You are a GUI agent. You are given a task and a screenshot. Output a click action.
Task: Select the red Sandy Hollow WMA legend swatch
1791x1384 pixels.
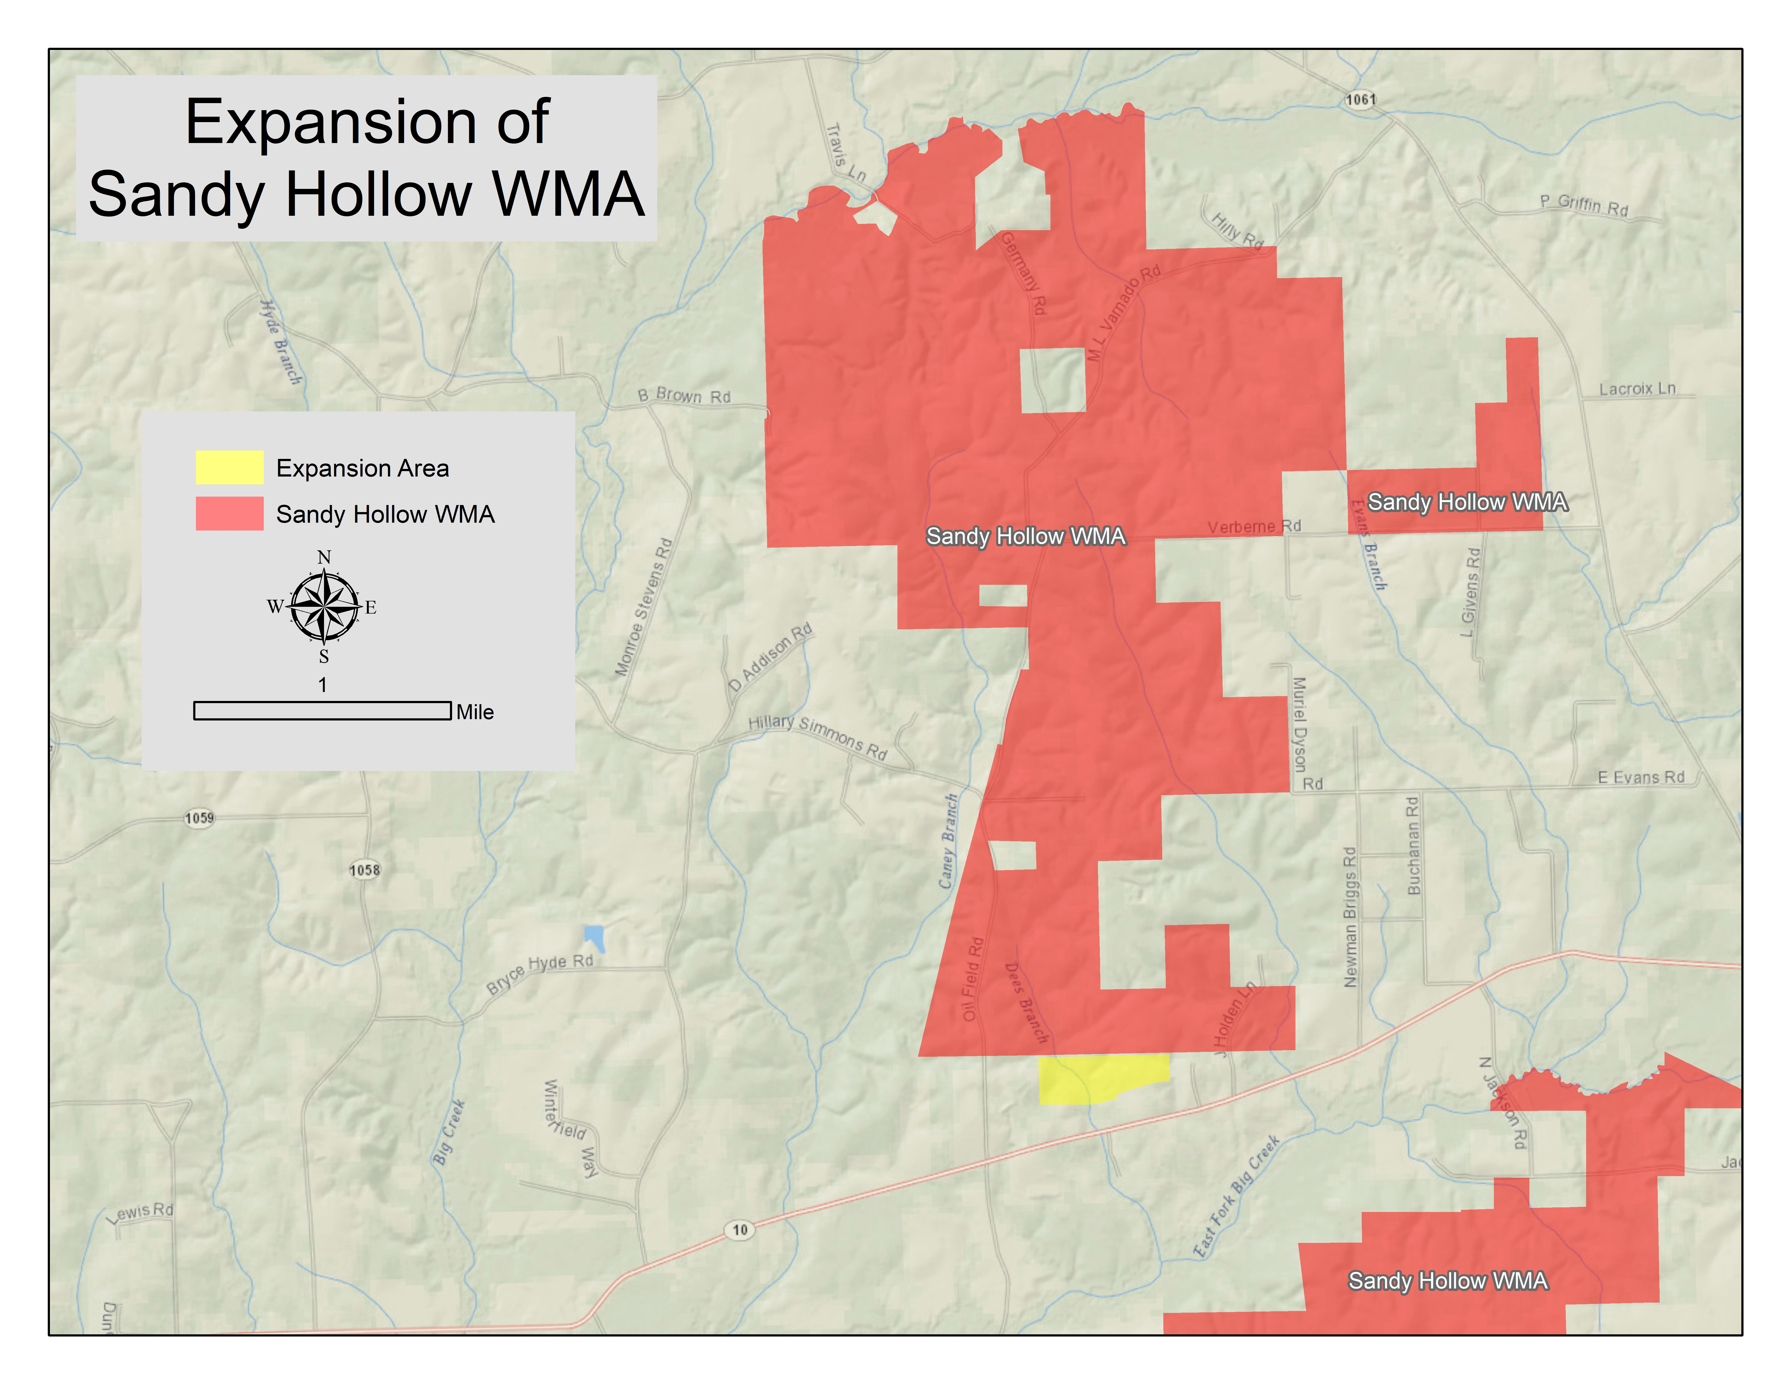click(229, 513)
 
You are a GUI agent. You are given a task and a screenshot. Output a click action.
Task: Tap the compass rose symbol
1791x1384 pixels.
click(325, 607)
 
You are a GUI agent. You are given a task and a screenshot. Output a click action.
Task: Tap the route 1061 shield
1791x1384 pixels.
click(1360, 99)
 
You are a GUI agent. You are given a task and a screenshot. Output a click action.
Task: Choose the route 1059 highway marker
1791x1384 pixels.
click(199, 817)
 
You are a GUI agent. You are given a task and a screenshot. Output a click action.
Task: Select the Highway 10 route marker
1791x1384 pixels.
click(740, 1229)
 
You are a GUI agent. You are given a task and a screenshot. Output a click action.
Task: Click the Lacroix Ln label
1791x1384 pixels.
click(1637, 389)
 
